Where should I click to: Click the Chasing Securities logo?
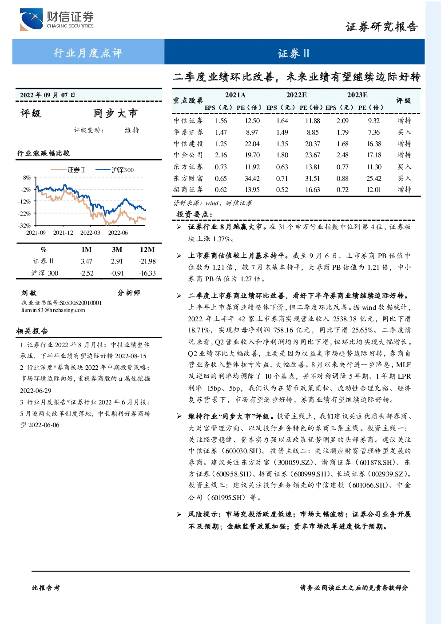pyautogui.click(x=57, y=19)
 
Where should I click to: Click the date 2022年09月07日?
pyautogui.click(x=48, y=95)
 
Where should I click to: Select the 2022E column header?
pyautogui.click(x=296, y=95)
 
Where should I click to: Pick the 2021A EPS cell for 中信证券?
pyautogui.click(x=221, y=120)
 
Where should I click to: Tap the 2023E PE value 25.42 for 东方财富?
pyautogui.click(x=373, y=178)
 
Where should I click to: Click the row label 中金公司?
pyautogui.click(x=188, y=155)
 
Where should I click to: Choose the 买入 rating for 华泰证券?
pyautogui.click(x=404, y=132)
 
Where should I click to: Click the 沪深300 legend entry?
pyautogui.click(x=115, y=170)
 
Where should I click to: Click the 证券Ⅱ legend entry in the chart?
pyautogui.click(x=68, y=170)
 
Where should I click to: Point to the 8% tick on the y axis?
pyautogui.click(x=27, y=177)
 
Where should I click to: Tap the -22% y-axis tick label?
pyautogui.click(x=24, y=213)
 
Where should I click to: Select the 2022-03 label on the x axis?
pyautogui.click(x=90, y=232)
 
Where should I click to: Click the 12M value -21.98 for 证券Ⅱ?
pyautogui.click(x=147, y=261)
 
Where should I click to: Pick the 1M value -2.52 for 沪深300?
pyautogui.click(x=87, y=273)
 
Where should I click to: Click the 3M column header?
pyautogui.click(x=117, y=250)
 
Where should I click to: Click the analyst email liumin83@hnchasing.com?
pyautogui.click(x=53, y=310)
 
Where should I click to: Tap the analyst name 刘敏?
pyautogui.click(x=29, y=293)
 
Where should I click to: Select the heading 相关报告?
pyautogui.click(x=32, y=331)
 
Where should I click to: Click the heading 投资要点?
pyautogui.click(x=195, y=214)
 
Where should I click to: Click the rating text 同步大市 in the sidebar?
pyautogui.click(x=115, y=113)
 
